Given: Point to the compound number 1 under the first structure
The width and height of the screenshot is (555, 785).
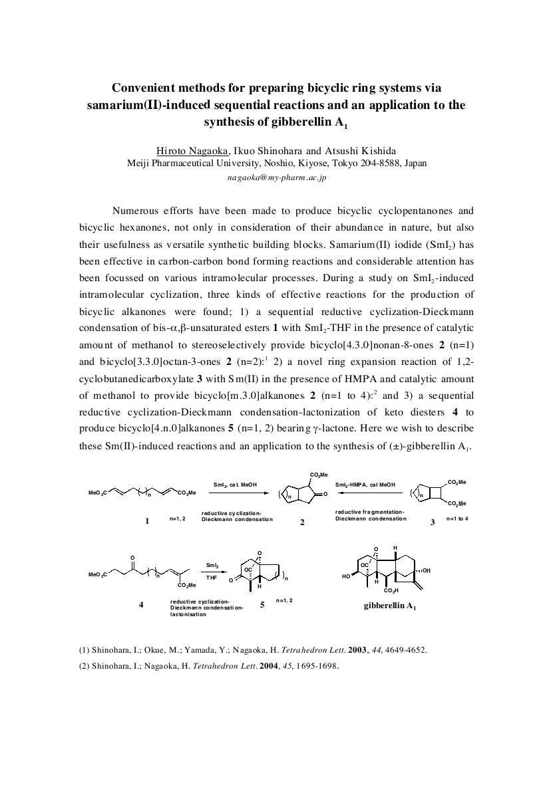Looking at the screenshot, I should tap(147, 521).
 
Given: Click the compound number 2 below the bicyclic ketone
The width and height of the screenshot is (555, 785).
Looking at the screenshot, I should tap(302, 522).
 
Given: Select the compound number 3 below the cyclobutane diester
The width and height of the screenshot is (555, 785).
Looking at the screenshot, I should tap(433, 522).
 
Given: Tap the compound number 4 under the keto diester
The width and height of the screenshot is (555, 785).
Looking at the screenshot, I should tap(141, 604).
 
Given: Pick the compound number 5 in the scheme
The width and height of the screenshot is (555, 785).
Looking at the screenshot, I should tap(262, 605).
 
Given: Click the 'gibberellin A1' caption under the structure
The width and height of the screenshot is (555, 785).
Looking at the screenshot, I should tap(390, 606).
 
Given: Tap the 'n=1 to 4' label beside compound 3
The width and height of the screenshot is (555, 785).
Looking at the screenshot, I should tap(457, 518).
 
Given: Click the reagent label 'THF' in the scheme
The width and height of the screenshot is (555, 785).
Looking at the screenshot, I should tap(212, 578).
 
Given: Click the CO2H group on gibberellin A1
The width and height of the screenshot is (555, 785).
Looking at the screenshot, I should tap(391, 590).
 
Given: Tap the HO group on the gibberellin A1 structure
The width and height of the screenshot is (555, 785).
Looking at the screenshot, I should tap(346, 577).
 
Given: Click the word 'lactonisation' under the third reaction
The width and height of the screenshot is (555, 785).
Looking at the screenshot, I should tap(188, 614).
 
